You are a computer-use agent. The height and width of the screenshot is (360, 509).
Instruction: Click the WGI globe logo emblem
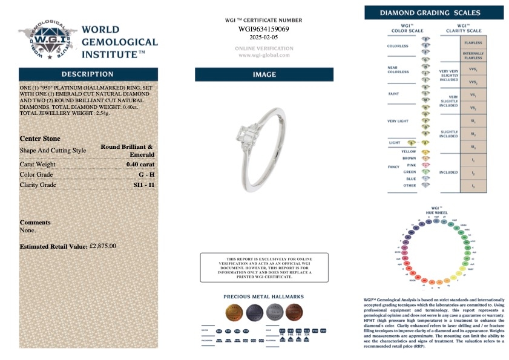coord(46,41)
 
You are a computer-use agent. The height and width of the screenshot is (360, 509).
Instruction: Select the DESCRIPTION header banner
coord(88,74)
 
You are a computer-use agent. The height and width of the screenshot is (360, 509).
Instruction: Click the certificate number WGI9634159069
coord(263,28)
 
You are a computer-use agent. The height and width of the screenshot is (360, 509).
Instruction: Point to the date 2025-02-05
coord(263,37)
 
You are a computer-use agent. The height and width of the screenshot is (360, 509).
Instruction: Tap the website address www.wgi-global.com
coord(263,56)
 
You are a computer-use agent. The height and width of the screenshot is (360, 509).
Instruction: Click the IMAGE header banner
coord(263,75)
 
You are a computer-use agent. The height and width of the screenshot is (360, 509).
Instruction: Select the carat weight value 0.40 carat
coord(140,165)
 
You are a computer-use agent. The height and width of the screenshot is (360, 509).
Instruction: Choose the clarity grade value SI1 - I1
coord(143,185)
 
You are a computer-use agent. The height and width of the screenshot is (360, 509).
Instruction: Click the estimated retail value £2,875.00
coord(102,246)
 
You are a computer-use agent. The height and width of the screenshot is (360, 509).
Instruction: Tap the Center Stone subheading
coord(40,139)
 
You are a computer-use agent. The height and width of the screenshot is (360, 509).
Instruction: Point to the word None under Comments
coord(28,230)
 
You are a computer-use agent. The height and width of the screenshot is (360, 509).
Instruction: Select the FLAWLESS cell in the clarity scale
coord(473,44)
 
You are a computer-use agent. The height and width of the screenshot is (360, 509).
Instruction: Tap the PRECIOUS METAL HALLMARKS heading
coord(263,297)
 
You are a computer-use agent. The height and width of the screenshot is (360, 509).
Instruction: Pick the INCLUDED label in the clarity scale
coord(448,173)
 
